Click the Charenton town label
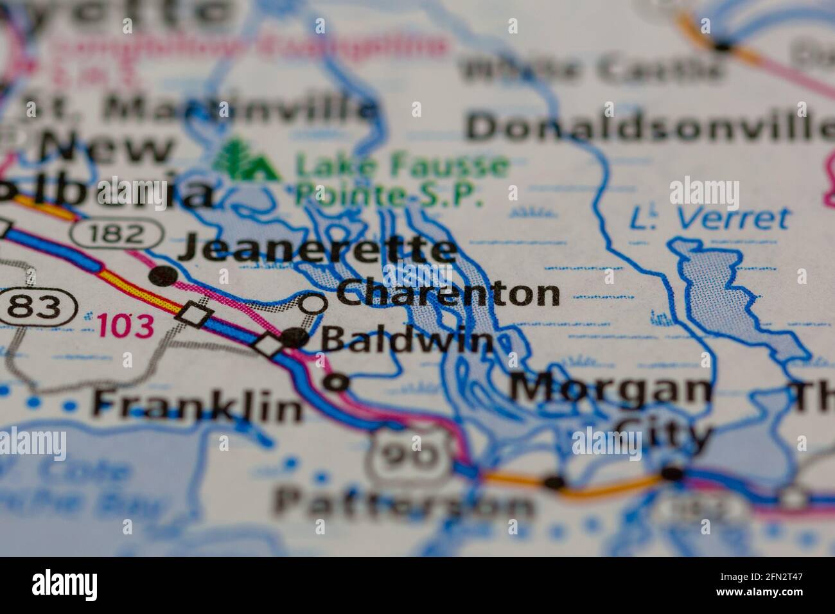[448, 294]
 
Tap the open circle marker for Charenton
[313, 303]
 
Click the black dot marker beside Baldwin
[294, 337]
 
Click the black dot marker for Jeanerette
[163, 276]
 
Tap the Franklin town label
[197, 405]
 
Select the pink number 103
[126, 326]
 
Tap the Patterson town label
[405, 504]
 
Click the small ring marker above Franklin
[336, 383]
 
